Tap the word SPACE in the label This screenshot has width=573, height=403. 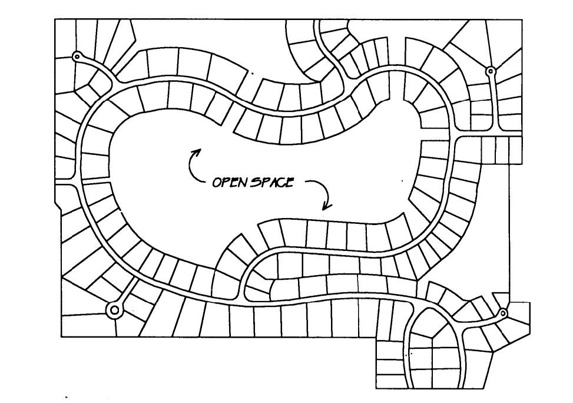(272, 182)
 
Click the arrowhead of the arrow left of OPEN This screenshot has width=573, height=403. (196, 151)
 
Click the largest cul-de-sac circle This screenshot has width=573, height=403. (114, 309)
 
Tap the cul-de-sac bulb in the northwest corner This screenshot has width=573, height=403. (76, 57)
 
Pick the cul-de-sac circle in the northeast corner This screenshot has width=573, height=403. (491, 71)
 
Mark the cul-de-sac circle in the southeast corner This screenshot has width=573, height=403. (503, 313)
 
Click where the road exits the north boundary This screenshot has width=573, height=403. (317, 21)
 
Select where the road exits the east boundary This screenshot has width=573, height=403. (521, 136)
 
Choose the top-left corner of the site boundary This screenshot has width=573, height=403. (55, 19)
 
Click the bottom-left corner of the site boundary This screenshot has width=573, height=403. (61, 336)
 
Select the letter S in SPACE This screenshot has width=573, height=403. (256, 182)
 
